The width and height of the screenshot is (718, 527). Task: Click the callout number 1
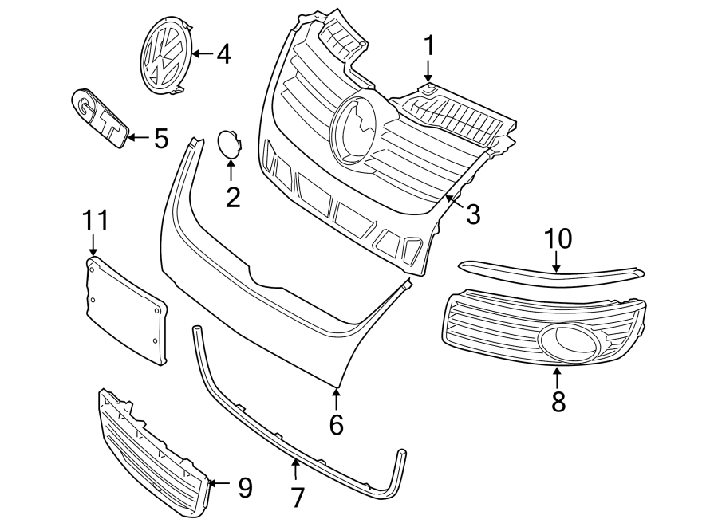[x=429, y=45]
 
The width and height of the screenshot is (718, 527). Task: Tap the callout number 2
[x=232, y=196]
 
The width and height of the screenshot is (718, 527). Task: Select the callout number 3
[x=473, y=214]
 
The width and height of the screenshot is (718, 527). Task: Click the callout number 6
[x=336, y=424]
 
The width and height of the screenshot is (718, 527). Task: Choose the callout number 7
[x=298, y=498]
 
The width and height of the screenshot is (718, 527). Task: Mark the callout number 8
[x=558, y=401]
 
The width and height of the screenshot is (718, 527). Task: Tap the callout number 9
[x=243, y=486]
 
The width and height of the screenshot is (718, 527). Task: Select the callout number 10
[x=558, y=238]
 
